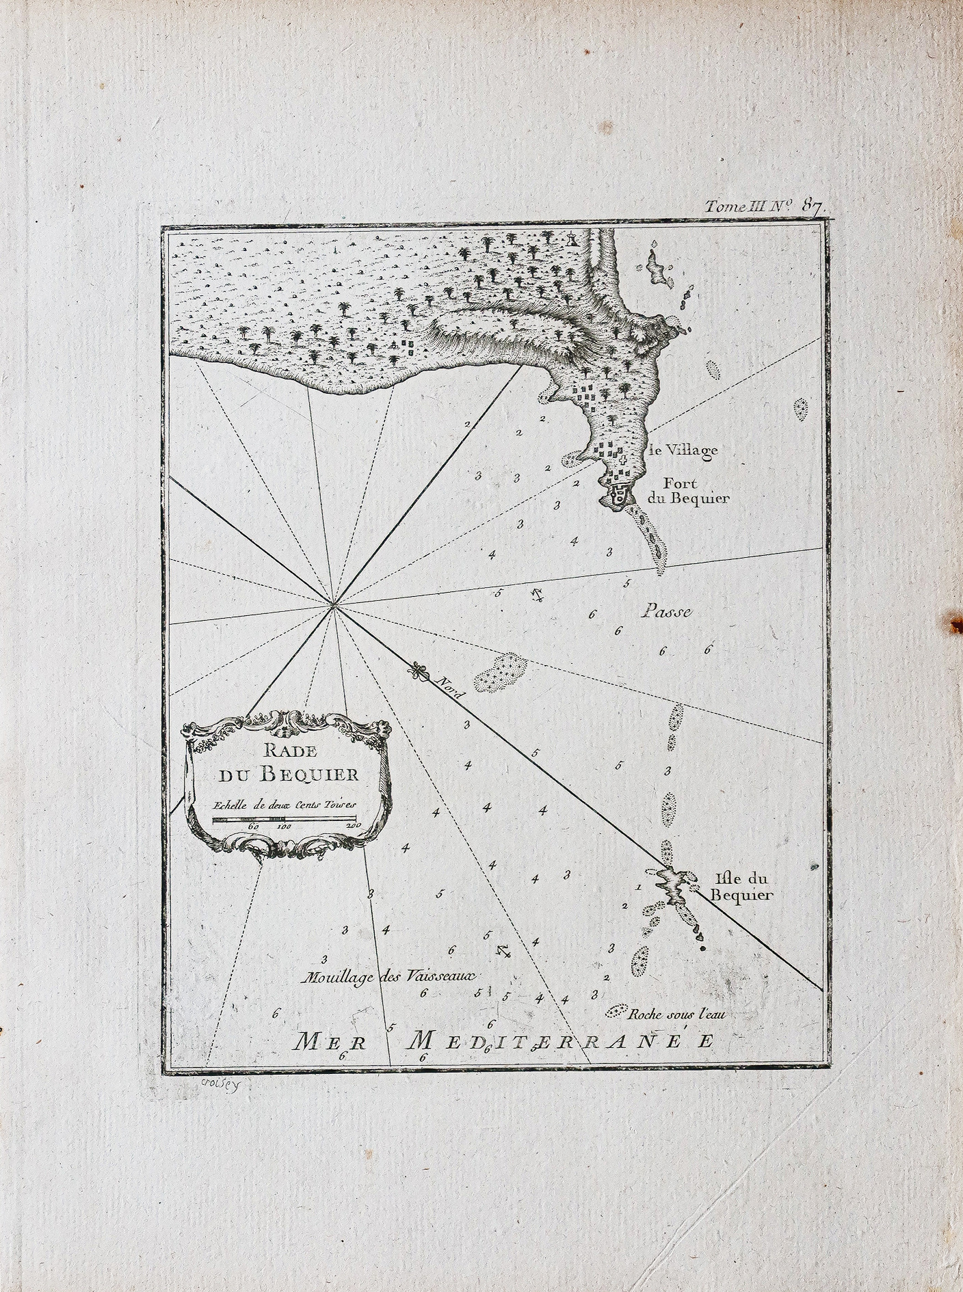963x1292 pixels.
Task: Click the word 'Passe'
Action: tap(667, 613)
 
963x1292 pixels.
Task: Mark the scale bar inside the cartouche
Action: tap(284, 818)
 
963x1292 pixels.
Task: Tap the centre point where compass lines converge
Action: tap(334, 604)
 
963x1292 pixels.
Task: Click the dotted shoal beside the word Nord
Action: tap(501, 671)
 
